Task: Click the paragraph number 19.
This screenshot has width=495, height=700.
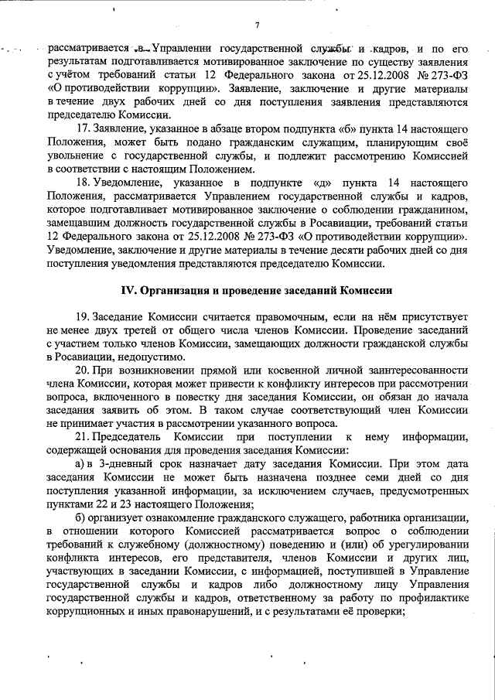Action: click(83, 317)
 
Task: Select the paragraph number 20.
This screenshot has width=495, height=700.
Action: click(83, 370)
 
